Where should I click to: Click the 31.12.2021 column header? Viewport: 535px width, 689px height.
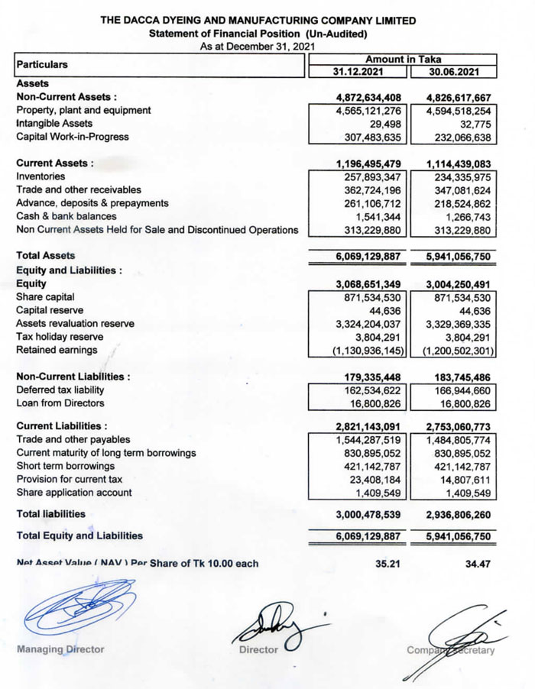358,72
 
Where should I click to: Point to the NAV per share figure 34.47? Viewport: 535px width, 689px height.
478,564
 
